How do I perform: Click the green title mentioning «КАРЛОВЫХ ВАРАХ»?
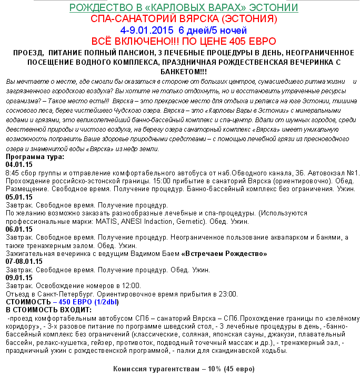tap(184, 8)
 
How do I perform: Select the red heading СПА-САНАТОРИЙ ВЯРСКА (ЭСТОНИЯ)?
tap(184, 19)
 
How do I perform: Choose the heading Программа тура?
tap(35, 157)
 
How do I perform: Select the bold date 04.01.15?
tap(19, 164)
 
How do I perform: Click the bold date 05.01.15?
tap(19, 197)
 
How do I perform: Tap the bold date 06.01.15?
tap(19, 230)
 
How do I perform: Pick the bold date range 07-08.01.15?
tap(24, 262)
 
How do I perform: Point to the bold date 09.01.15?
tap(19, 278)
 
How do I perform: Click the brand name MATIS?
tap(107, 222)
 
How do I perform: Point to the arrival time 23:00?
tap(228, 294)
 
